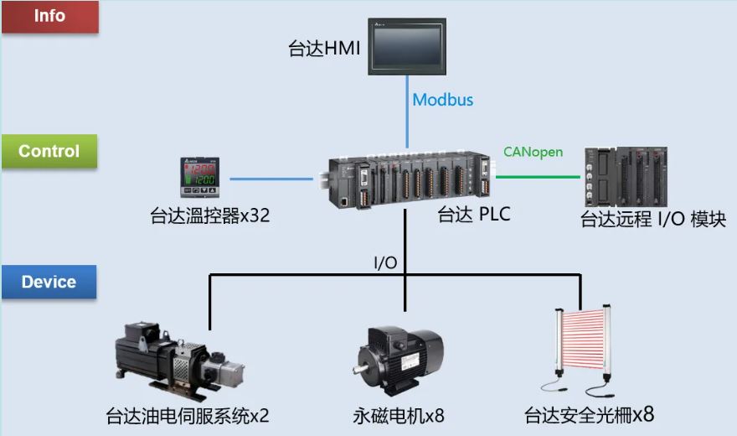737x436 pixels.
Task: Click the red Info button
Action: pyautogui.click(x=49, y=17)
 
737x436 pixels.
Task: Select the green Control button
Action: pyautogui.click(x=49, y=152)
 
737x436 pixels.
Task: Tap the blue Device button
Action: pyautogui.click(x=49, y=283)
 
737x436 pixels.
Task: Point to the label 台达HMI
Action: pyautogui.click(x=324, y=49)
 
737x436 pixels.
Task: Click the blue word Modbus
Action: pyautogui.click(x=443, y=100)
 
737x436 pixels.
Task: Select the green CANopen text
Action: pyautogui.click(x=533, y=152)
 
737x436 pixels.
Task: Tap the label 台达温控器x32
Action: pyautogui.click(x=208, y=216)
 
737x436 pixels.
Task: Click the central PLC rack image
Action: pyautogui.click(x=407, y=179)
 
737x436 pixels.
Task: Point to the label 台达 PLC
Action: pyautogui.click(x=474, y=215)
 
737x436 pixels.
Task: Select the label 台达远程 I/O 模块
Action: pyautogui.click(x=653, y=220)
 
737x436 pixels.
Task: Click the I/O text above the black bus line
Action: pyautogui.click(x=385, y=262)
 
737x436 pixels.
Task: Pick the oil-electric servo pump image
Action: pyautogui.click(x=180, y=362)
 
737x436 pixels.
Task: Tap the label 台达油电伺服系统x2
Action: pyautogui.click(x=188, y=415)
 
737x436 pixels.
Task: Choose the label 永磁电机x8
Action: pyautogui.click(x=398, y=415)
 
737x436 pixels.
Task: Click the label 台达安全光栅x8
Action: pyautogui.click(x=589, y=415)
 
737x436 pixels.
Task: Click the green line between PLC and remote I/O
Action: pyautogui.click(x=538, y=177)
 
